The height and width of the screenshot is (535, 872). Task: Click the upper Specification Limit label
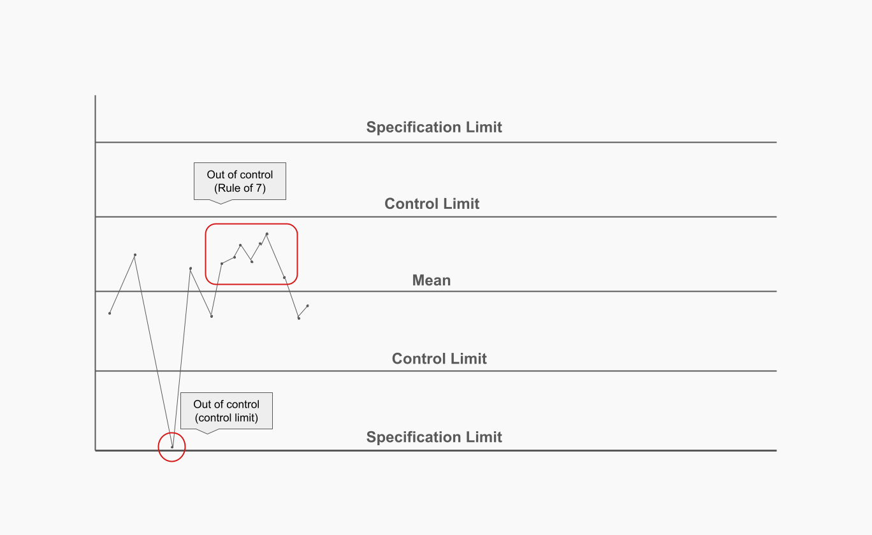pos(434,127)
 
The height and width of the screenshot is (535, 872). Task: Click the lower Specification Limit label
pos(434,438)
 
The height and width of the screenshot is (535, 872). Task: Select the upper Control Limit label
pos(432,204)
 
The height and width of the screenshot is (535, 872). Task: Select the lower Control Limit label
pos(439,359)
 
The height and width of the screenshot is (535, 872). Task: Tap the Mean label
pos(432,280)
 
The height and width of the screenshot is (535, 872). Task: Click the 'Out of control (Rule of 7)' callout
pos(240,182)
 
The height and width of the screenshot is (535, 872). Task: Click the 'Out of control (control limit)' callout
pos(226,410)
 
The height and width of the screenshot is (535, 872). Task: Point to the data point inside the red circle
pos(172,447)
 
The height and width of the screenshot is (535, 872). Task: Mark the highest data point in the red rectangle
pos(267,234)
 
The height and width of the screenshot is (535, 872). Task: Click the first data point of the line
pos(110,313)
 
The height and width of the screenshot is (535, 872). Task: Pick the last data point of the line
pos(308,306)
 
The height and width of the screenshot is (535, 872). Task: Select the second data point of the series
pos(135,255)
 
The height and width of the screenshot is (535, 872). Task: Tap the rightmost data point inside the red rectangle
pos(284,278)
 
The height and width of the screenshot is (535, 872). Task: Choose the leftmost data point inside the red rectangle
pos(222,263)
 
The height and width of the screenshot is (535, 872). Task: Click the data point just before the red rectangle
pos(212,316)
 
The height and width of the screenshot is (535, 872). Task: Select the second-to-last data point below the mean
pos(298,318)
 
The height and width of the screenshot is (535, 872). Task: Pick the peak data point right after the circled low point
pos(191,269)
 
